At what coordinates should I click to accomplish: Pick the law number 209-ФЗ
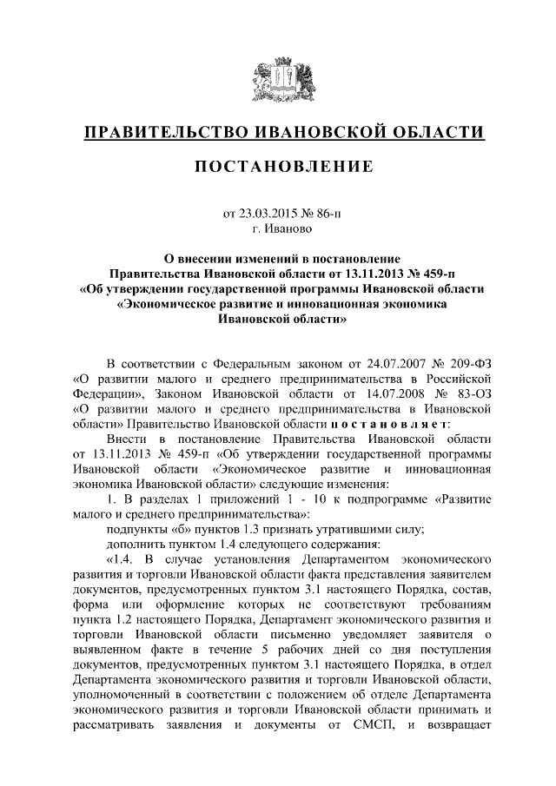coord(466,362)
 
